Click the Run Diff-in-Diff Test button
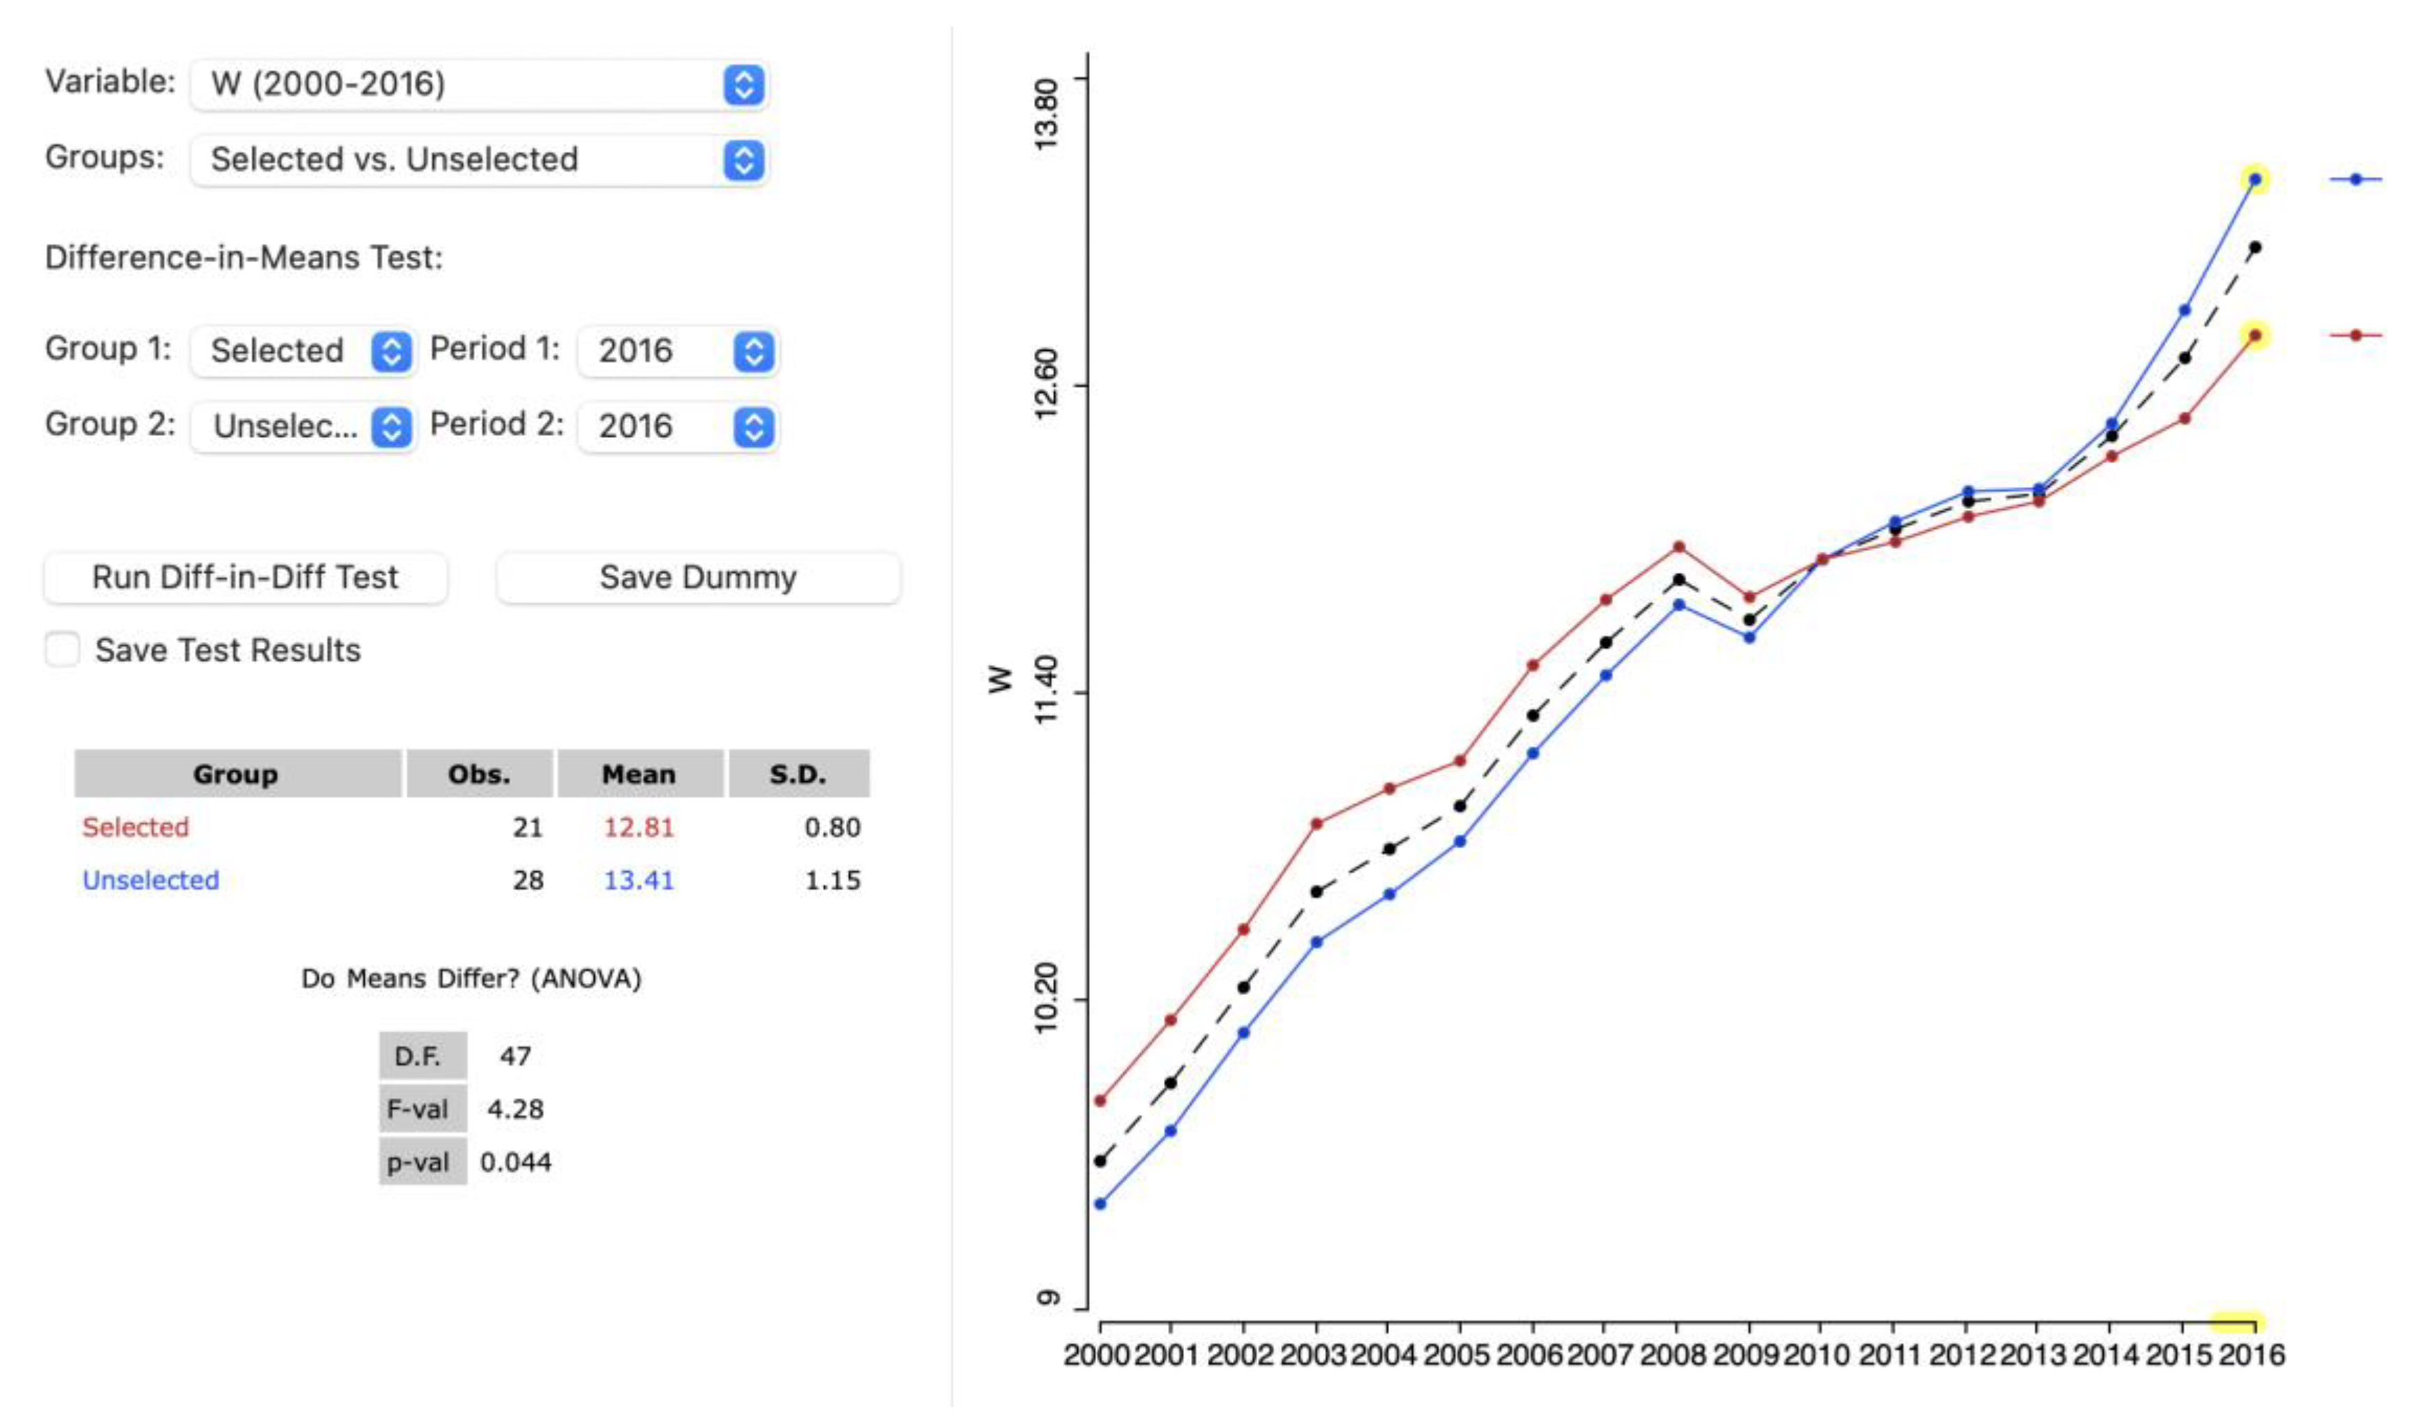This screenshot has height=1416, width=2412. [x=245, y=578]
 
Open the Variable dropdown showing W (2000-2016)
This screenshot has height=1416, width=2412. [x=478, y=84]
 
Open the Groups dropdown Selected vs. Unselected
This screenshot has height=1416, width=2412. [x=478, y=159]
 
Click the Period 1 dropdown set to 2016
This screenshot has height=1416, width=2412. [x=678, y=350]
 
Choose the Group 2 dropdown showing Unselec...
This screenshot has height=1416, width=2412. [x=303, y=426]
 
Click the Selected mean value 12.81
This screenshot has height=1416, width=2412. [x=639, y=827]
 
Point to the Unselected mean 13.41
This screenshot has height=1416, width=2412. [x=639, y=880]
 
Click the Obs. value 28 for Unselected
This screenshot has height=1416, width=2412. [x=527, y=880]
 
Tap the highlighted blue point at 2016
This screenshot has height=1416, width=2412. [x=2255, y=179]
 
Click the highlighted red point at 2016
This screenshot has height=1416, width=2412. [x=2255, y=335]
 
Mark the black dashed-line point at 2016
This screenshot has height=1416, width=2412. [x=2255, y=247]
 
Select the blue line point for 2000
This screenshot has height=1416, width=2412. [x=1100, y=1203]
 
